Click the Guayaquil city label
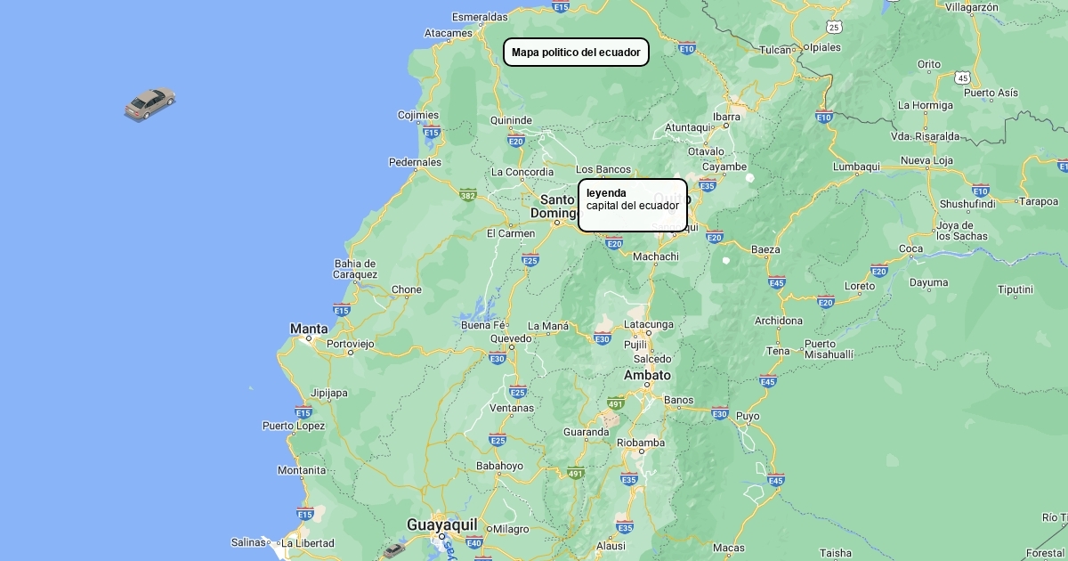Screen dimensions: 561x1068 click(x=442, y=524)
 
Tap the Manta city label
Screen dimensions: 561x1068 click(x=309, y=329)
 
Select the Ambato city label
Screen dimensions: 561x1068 click(x=647, y=375)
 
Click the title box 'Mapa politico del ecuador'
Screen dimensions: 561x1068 click(x=576, y=53)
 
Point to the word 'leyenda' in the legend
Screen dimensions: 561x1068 click(x=606, y=192)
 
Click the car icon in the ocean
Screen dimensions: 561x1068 click(x=150, y=103)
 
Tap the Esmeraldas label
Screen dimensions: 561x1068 click(x=480, y=17)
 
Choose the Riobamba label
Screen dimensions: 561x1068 click(x=641, y=443)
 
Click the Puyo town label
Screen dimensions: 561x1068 click(x=748, y=416)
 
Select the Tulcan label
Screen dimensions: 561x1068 click(x=776, y=50)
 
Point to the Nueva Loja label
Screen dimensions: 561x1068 click(x=926, y=160)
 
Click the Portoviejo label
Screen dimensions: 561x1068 click(x=351, y=344)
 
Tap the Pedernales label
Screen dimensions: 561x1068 click(x=415, y=162)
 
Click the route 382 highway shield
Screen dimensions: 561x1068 click(x=468, y=194)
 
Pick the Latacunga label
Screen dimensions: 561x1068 click(x=649, y=324)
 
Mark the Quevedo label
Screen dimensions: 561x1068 click(x=511, y=338)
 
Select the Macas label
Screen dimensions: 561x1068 click(x=728, y=548)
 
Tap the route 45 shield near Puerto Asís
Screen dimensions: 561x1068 click(x=962, y=78)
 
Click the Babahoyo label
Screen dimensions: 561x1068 click(x=499, y=466)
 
